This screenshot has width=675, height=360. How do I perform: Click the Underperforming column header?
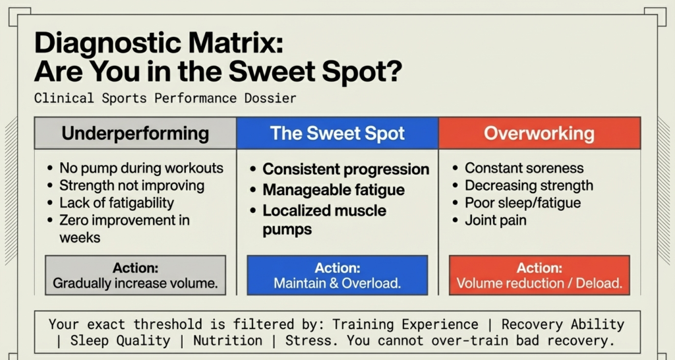click(135, 134)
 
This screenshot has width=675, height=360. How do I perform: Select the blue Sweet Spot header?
click(337, 134)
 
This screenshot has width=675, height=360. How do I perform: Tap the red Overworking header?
click(539, 134)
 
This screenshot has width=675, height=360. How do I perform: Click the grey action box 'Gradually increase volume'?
click(135, 276)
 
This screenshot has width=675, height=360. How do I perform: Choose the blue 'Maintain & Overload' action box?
click(337, 276)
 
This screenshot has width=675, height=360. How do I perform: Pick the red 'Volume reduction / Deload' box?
click(539, 276)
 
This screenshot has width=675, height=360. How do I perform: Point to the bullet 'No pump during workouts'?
click(141, 168)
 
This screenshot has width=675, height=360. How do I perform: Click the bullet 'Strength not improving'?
click(132, 186)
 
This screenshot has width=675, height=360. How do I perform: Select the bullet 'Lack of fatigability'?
click(117, 203)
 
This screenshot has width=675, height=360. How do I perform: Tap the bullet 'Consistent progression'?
click(345, 169)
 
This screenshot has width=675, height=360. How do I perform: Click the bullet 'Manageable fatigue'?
click(334, 191)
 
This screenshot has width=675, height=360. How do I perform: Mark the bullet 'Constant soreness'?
click(525, 168)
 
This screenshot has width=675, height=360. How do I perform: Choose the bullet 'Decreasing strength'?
click(529, 186)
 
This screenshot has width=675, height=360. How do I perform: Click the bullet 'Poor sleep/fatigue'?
click(523, 203)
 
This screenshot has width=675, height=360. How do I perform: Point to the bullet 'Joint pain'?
click(496, 220)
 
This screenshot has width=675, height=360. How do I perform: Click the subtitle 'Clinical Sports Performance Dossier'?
click(165, 98)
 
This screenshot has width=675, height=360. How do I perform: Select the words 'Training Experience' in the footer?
click(405, 324)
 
